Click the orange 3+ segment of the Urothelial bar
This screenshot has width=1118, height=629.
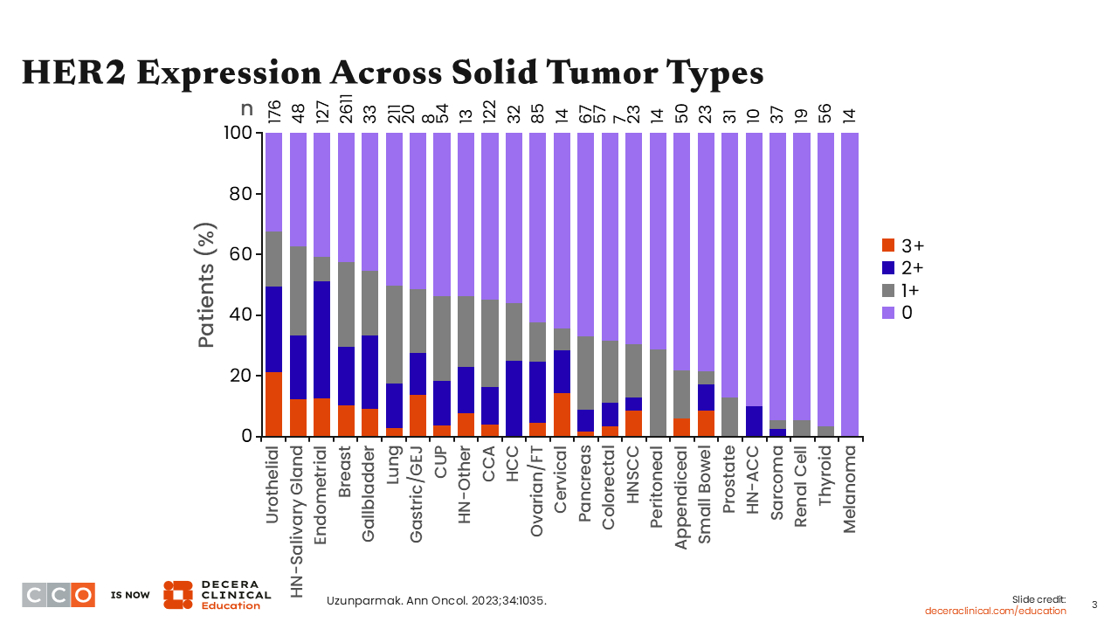coord(274,404)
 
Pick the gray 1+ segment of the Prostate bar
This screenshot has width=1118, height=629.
coord(730,417)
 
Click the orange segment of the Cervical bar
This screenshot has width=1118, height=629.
coord(562,414)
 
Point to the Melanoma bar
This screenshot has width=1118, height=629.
coord(849,284)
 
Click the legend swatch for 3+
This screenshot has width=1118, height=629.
coord(889,245)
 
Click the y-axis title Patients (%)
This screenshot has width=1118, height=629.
coord(206,284)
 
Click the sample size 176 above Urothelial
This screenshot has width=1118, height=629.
coord(274,112)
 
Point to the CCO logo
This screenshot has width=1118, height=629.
coord(59,594)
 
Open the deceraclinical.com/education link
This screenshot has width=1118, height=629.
coord(996,611)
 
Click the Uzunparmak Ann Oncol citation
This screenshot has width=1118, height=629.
coord(437,600)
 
